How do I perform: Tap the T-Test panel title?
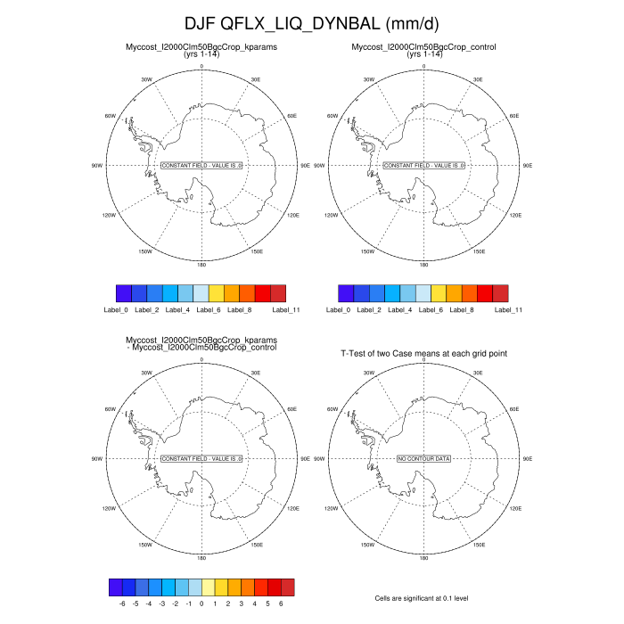click(x=423, y=354)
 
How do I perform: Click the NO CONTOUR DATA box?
click(x=423, y=458)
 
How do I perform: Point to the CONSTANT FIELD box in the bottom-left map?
click(x=201, y=458)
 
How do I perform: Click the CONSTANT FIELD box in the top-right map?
click(x=423, y=166)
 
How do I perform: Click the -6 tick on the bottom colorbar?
click(x=122, y=603)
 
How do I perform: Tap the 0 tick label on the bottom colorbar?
click(x=201, y=603)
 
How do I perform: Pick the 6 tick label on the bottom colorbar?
click(x=281, y=603)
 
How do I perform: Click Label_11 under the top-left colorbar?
click(x=283, y=309)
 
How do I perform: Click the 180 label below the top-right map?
click(x=423, y=265)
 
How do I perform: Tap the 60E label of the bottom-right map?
click(x=514, y=408)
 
